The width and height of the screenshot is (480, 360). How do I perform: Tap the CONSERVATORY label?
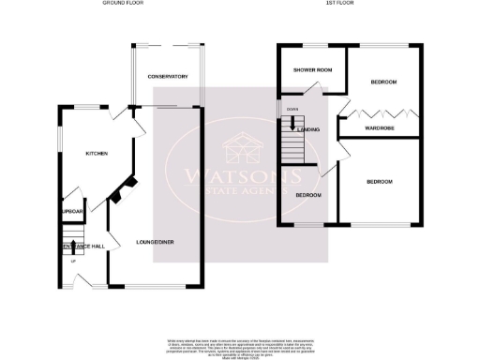point(169,77)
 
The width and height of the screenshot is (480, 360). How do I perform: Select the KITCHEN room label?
point(97,153)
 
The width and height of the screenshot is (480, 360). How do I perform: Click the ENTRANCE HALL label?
point(82,246)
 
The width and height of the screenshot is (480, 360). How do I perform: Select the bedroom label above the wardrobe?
point(382,82)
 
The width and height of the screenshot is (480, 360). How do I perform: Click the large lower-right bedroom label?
point(379,181)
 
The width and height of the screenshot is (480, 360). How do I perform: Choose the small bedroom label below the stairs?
point(307,194)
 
